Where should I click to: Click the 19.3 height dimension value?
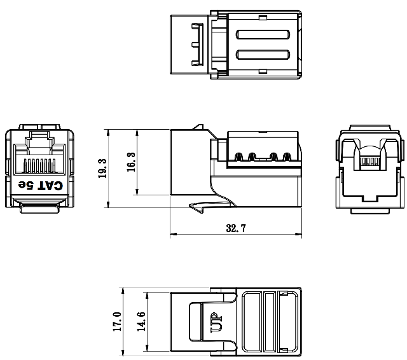tap(102, 169)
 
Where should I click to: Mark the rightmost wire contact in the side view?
tap(286, 155)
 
